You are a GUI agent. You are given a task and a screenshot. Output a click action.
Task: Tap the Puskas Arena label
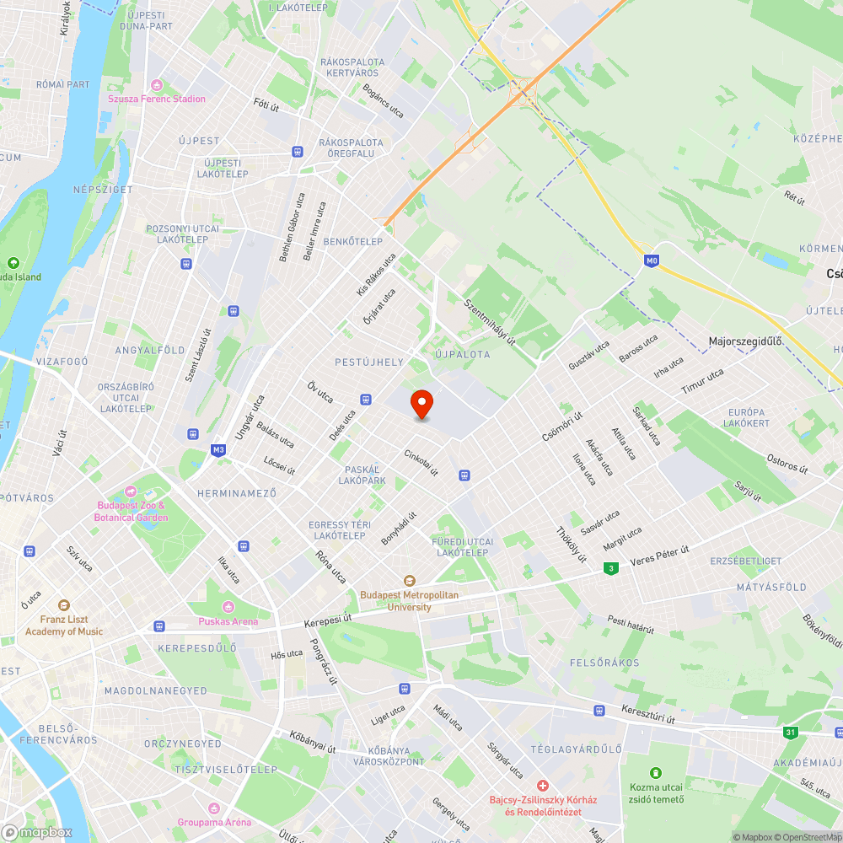[x=228, y=621]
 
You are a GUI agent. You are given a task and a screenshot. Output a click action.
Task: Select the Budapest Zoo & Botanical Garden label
[x=131, y=511]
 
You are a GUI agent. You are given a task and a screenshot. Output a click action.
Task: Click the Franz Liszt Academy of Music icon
[x=64, y=605]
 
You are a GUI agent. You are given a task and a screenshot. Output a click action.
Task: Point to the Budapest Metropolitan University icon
[x=410, y=580]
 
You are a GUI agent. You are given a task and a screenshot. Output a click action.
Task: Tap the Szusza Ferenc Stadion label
[x=157, y=99]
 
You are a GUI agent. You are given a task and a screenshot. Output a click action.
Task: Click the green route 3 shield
[x=609, y=569]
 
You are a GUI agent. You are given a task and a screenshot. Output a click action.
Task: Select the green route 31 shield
[x=790, y=733]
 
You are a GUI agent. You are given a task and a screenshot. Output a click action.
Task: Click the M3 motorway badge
[x=219, y=450]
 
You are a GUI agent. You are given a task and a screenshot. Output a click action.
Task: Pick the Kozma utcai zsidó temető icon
[x=656, y=772]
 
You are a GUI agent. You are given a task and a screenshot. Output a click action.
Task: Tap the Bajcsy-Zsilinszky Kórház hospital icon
[x=543, y=785]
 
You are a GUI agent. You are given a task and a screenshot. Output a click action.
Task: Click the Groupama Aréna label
[x=214, y=822]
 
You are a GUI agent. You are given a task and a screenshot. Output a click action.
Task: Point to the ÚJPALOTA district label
[x=463, y=354]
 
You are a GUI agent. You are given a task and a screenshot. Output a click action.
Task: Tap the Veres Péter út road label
[x=660, y=556]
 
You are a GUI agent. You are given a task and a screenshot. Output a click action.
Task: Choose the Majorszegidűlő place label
[x=745, y=341]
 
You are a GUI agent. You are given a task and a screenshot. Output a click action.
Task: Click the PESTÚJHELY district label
[x=369, y=362]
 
